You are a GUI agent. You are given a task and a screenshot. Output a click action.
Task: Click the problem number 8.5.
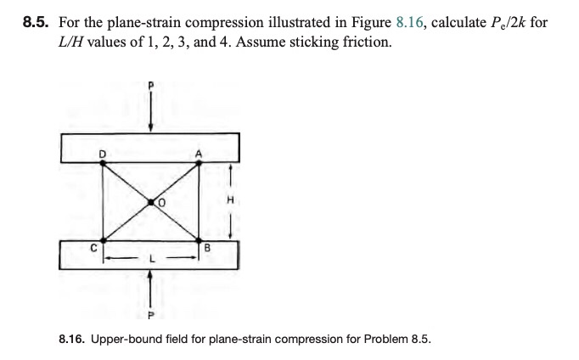[37, 21]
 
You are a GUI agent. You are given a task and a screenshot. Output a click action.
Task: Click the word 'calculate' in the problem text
[458, 21]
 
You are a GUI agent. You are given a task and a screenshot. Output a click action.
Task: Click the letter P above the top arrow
[151, 86]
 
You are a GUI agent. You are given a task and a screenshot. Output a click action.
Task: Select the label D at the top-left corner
[103, 154]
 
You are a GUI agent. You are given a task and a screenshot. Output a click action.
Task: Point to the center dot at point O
[151, 202]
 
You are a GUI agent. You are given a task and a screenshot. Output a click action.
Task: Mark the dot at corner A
[200, 164]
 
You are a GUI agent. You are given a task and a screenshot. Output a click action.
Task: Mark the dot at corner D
[103, 164]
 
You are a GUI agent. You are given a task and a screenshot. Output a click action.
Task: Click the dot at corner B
[200, 239]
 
